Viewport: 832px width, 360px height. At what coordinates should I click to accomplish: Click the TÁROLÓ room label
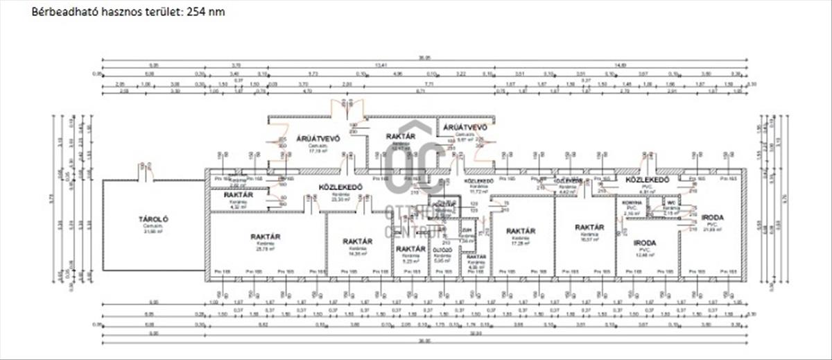pos(153,219)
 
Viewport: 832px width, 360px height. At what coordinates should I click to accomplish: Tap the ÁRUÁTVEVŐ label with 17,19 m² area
pos(318,138)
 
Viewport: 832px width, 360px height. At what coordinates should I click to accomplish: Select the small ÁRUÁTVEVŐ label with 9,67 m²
pos(465,128)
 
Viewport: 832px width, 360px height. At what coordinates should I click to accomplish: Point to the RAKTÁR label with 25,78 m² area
pos(266,237)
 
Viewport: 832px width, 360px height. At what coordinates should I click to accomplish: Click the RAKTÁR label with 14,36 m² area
pos(358,241)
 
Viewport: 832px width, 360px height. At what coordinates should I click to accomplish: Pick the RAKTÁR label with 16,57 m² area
pos(589,227)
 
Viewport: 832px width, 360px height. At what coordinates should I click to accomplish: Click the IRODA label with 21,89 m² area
pos(712,217)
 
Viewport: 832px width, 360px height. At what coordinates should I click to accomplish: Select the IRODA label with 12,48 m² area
pos(645,243)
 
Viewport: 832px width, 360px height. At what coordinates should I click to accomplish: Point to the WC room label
pos(670,202)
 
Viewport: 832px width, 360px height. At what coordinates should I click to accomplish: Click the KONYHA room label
pos(631,202)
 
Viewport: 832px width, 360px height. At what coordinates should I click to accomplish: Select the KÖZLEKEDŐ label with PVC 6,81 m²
pos(647,180)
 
